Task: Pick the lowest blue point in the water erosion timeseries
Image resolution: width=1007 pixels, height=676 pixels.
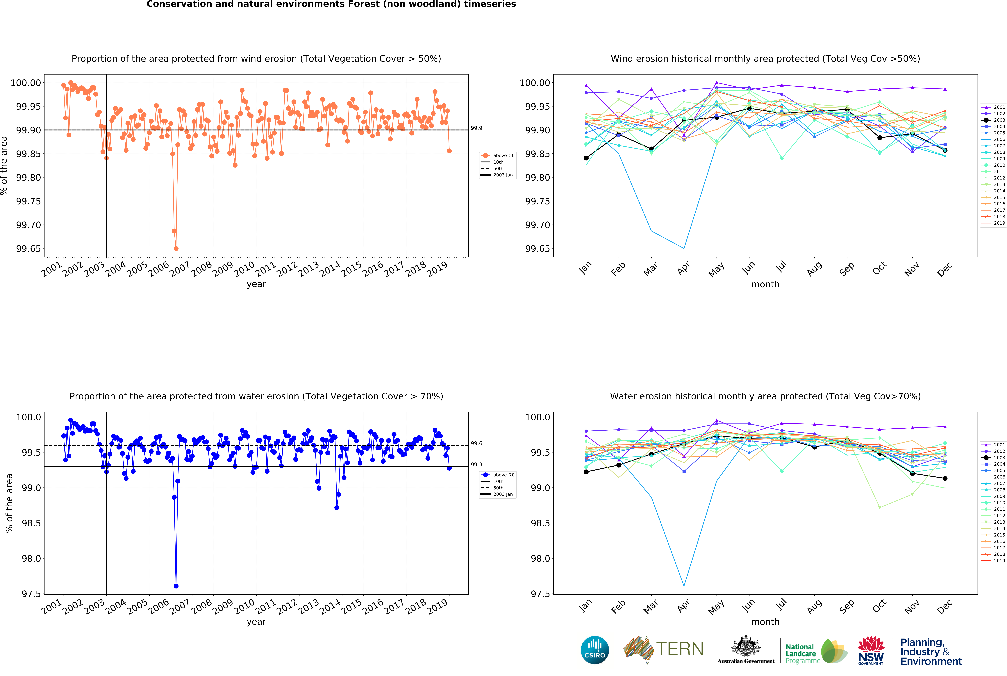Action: [176, 586]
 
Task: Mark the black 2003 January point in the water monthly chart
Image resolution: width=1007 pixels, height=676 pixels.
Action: [586, 472]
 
